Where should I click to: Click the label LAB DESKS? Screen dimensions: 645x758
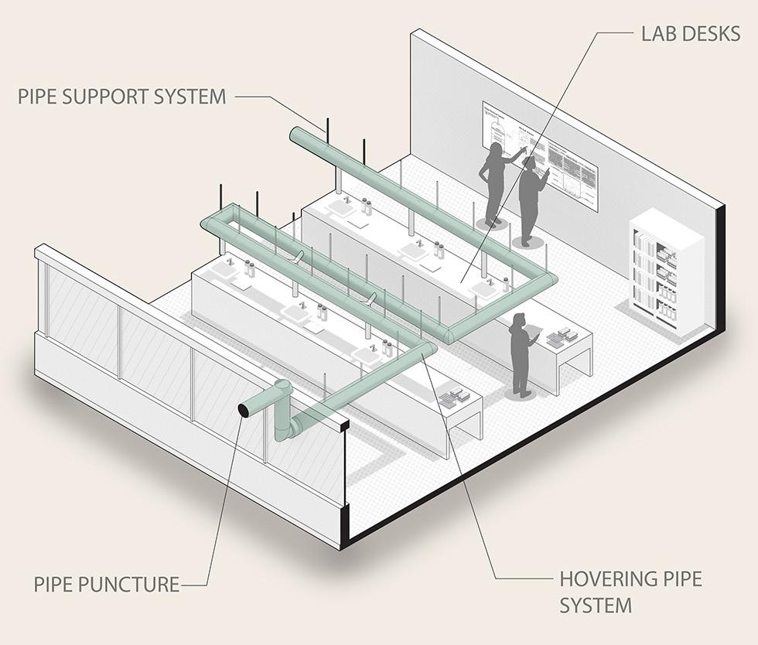click(691, 34)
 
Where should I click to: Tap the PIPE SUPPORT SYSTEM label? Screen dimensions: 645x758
click(122, 97)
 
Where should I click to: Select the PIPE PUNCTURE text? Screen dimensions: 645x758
click(106, 584)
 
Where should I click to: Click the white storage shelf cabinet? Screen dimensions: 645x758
click(665, 271)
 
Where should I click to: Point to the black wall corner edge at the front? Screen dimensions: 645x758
click(344, 479)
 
